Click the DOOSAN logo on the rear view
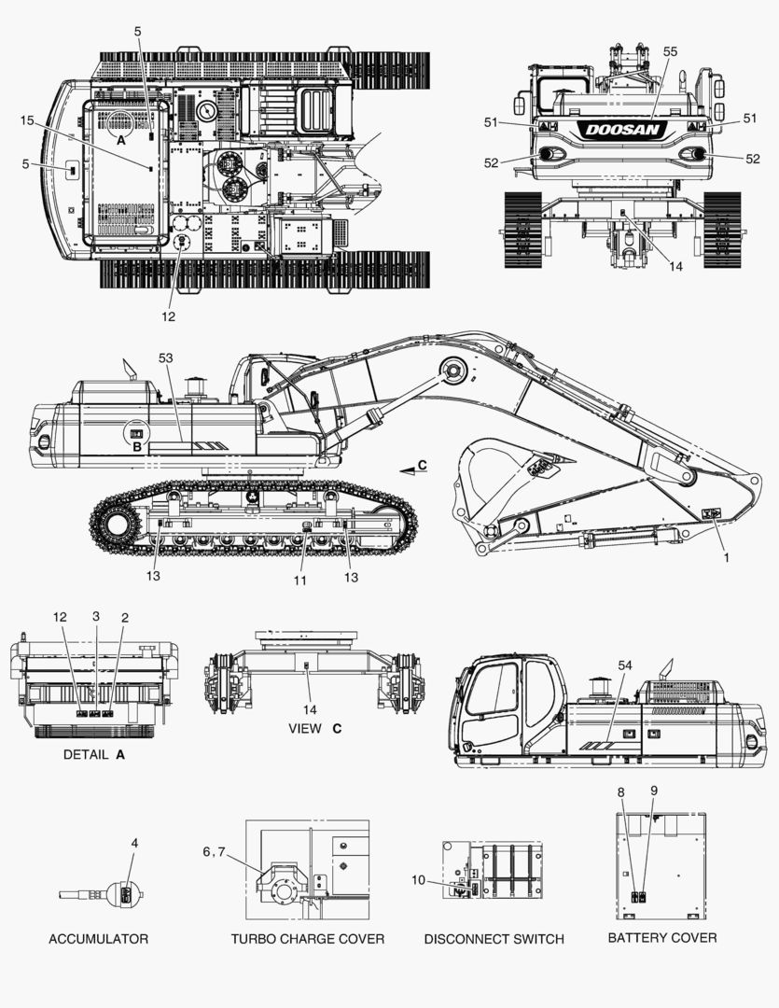tap(622, 130)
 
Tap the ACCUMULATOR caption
tap(98, 939)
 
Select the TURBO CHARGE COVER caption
tap(308, 939)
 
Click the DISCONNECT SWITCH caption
tap(494, 939)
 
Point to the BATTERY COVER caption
tap(662, 937)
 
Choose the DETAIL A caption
tap(94, 755)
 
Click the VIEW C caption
tap(315, 728)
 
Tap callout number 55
tap(670, 51)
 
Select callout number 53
tap(166, 357)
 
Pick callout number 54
tap(625, 665)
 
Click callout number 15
tap(26, 120)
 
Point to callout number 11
tap(300, 581)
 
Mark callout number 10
tap(419, 879)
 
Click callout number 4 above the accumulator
tap(134, 842)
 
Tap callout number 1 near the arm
tap(727, 557)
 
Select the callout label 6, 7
tap(214, 852)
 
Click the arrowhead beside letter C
tap(407, 472)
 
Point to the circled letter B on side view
tap(136, 447)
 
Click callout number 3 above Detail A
tap(96, 616)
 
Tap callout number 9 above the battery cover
tap(654, 791)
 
